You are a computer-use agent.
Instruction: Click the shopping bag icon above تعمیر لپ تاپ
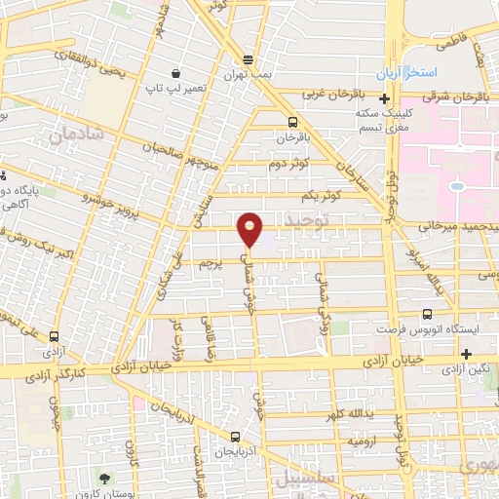click(175, 73)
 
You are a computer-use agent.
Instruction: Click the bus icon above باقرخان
click(292, 122)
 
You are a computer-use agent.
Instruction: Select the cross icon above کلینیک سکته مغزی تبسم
click(386, 98)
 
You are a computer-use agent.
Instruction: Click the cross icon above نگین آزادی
click(467, 354)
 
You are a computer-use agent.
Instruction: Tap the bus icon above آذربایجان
click(235, 436)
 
